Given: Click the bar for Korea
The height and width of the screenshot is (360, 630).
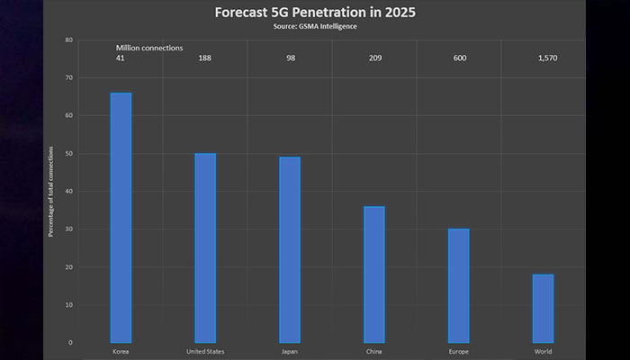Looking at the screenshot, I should pyautogui.click(x=121, y=216).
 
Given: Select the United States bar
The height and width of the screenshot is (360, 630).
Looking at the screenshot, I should pyautogui.click(x=205, y=247).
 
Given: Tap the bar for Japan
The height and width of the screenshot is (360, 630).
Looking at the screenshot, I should pyautogui.click(x=290, y=248).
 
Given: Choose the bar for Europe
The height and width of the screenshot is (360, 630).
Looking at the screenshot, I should pyautogui.click(x=458, y=284).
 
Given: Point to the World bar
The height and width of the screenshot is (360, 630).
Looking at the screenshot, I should pyautogui.click(x=543, y=307).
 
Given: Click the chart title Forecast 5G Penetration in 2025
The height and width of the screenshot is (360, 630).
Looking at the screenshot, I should pyautogui.click(x=314, y=13).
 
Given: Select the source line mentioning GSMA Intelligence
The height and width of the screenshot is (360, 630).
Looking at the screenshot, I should pyautogui.click(x=314, y=27).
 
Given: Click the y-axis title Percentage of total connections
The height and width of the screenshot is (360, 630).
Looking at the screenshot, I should pyautogui.click(x=51, y=192).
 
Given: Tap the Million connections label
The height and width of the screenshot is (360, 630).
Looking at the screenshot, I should pyautogui.click(x=148, y=47).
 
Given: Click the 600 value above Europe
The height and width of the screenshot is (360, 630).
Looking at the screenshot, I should pyautogui.click(x=458, y=58).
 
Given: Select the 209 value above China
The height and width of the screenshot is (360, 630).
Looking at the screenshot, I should pyautogui.click(x=374, y=58).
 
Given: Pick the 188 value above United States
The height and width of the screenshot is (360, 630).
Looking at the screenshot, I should pyautogui.click(x=205, y=58).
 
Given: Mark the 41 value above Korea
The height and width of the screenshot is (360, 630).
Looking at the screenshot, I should pyautogui.click(x=121, y=58).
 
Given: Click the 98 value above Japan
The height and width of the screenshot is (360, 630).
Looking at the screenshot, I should pyautogui.click(x=290, y=58).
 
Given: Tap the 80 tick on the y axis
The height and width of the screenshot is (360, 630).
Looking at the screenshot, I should pyautogui.click(x=69, y=40).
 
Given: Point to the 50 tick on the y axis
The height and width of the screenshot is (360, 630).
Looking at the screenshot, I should pyautogui.click(x=69, y=154).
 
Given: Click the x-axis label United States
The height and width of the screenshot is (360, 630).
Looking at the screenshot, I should pyautogui.click(x=205, y=351).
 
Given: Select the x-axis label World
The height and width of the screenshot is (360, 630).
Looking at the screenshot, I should pyautogui.click(x=543, y=351).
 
